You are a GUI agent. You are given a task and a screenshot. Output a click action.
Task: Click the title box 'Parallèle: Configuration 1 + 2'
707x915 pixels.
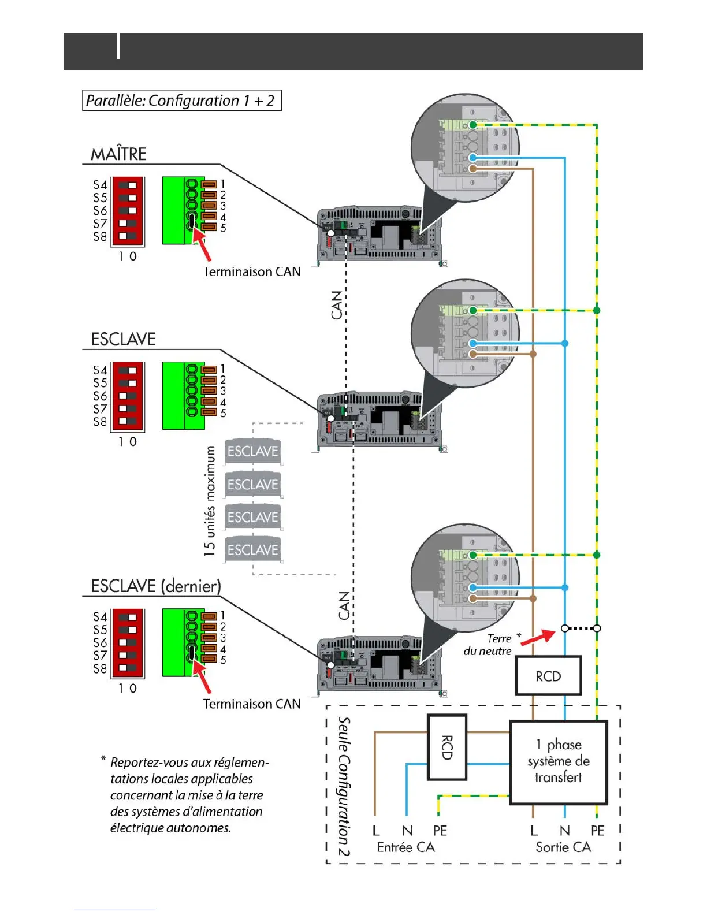tap(181, 100)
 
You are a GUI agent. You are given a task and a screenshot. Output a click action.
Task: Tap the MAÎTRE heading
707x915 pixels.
tap(118, 154)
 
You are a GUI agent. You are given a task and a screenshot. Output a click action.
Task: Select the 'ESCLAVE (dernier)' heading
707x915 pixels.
tap(156, 586)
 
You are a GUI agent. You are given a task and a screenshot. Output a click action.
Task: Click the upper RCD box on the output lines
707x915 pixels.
tap(548, 676)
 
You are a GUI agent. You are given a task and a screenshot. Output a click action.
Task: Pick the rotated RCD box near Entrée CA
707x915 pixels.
tap(447, 747)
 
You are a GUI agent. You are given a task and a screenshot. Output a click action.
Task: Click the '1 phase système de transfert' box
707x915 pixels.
tap(559, 762)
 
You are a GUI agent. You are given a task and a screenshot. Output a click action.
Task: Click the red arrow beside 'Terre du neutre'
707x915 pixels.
tap(538, 637)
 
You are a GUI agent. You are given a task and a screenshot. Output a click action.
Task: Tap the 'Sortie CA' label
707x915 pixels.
tap(563, 847)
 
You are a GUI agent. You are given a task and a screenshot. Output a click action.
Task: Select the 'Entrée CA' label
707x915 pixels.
tap(405, 847)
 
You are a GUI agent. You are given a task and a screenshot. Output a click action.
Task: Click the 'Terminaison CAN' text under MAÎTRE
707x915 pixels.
tap(252, 271)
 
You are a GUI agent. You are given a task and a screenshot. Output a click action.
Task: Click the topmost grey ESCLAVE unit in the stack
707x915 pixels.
tap(252, 451)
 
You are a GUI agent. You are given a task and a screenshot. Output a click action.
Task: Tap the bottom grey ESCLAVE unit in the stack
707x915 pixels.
tap(252, 549)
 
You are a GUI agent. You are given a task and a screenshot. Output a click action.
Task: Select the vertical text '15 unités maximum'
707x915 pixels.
tap(209, 501)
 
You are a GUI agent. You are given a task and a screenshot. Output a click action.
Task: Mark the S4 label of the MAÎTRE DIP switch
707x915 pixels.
tap(101, 185)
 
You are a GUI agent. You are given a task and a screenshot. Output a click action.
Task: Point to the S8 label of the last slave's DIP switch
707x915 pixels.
tap(101, 669)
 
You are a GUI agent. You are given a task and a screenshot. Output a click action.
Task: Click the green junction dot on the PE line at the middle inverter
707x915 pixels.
tap(596, 310)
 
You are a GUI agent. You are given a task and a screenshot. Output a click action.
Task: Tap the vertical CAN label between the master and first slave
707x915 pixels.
tap(336, 305)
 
